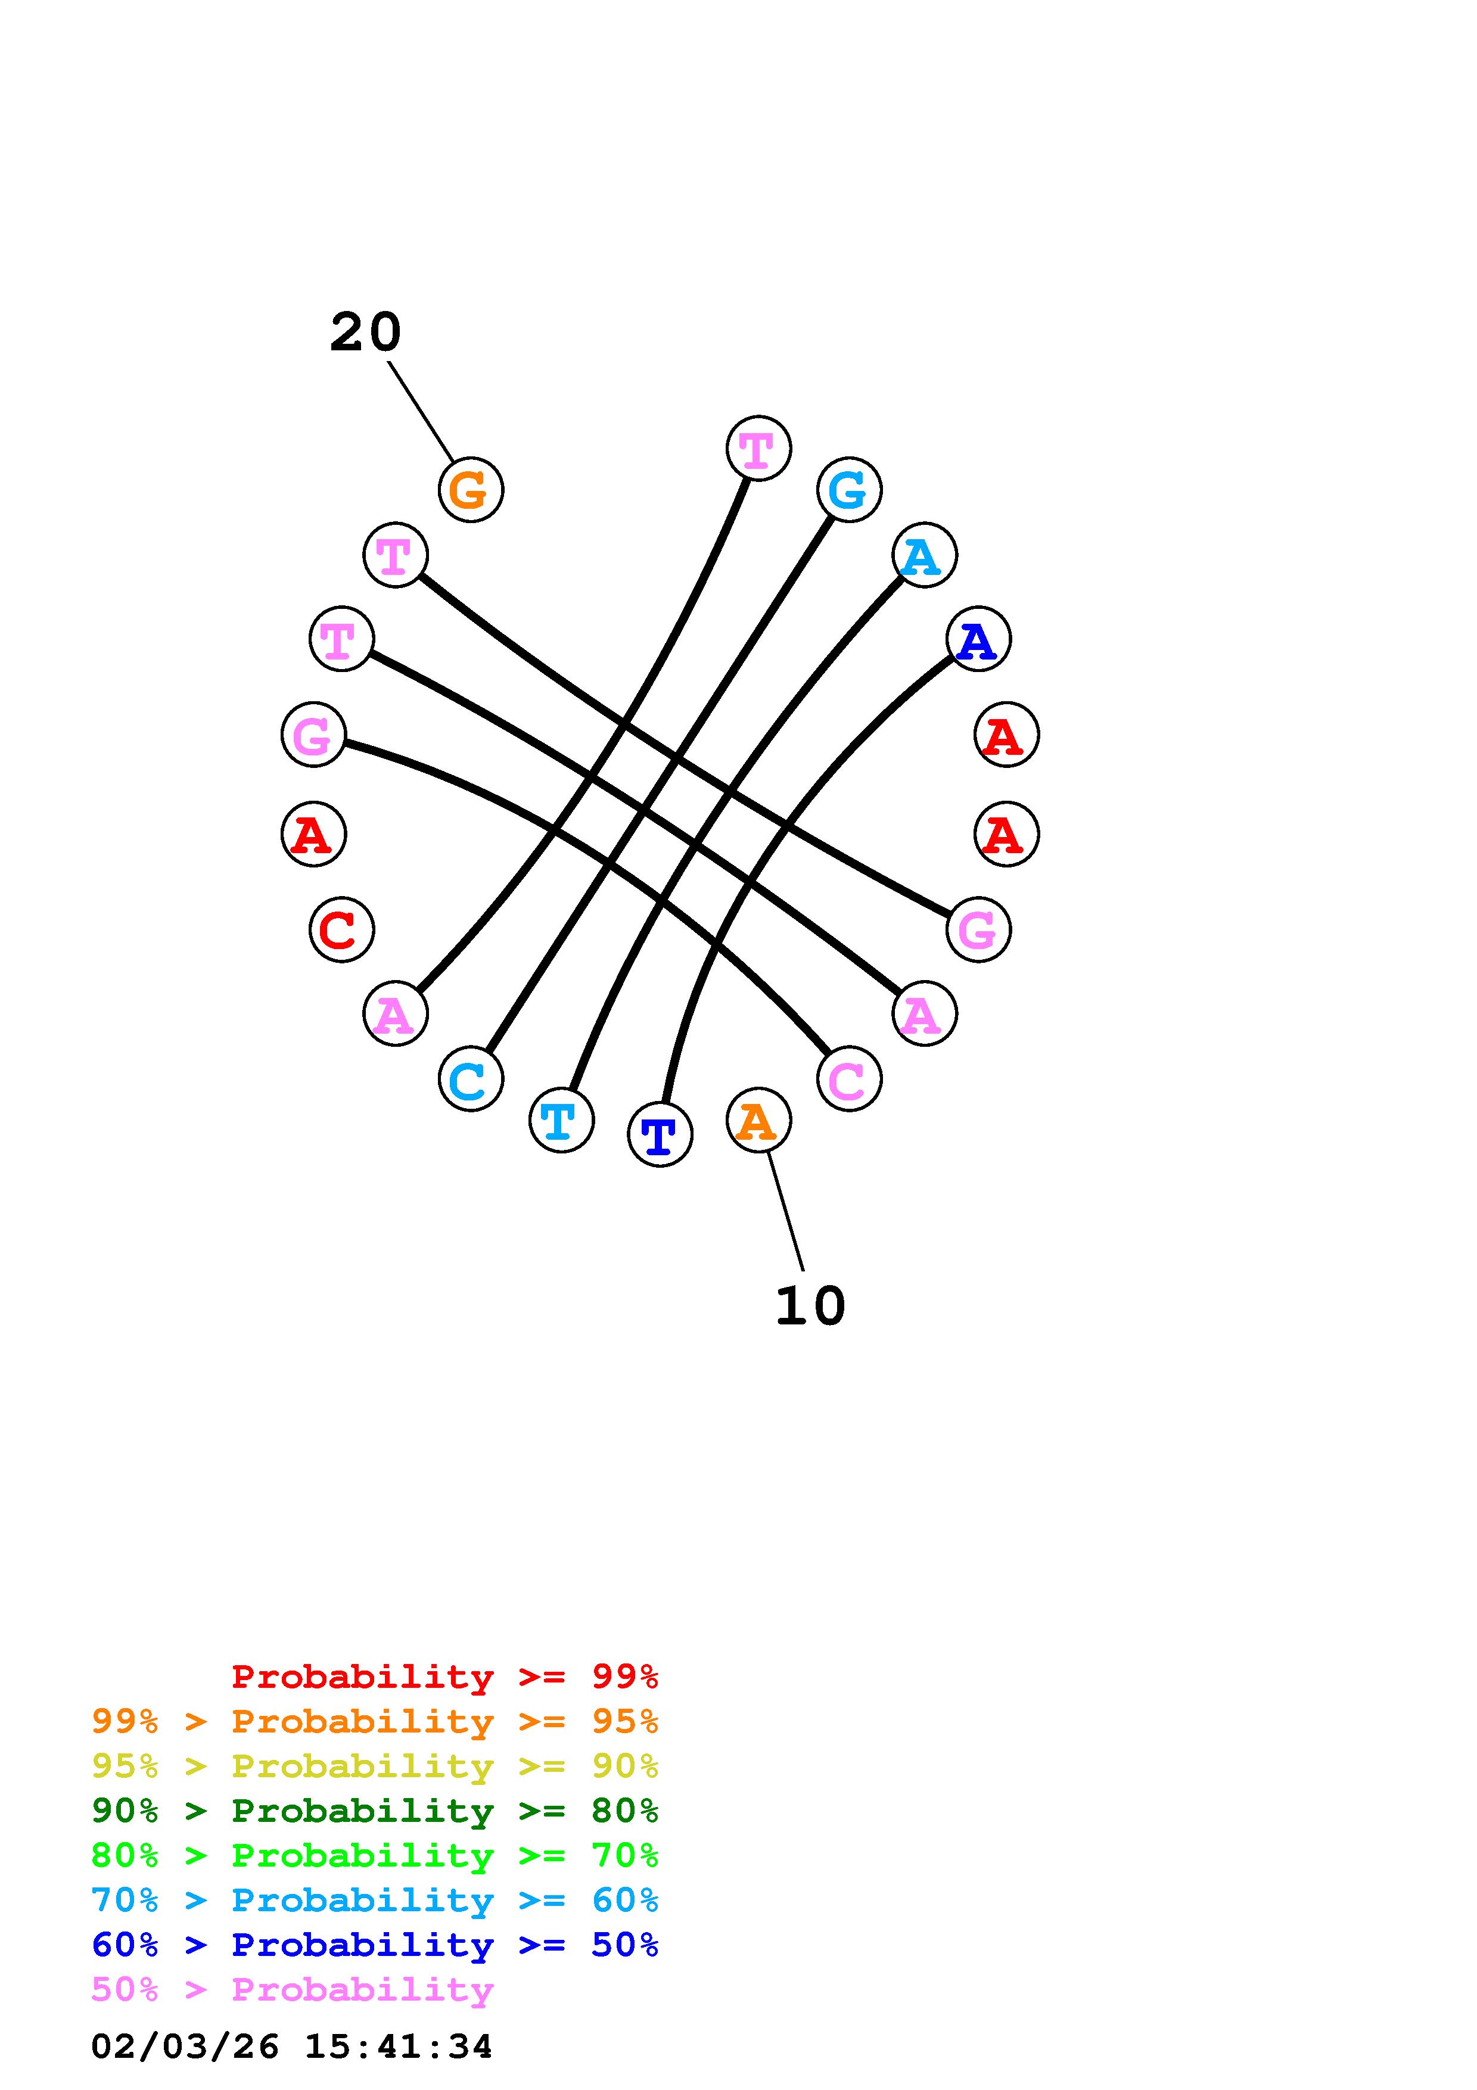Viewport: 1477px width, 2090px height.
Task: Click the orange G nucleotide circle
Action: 471,490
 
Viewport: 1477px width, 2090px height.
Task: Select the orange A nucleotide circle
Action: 758,1119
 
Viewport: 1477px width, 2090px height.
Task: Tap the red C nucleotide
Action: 341,929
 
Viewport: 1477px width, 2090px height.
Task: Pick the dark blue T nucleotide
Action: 660,1134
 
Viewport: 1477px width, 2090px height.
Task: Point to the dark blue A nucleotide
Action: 978,639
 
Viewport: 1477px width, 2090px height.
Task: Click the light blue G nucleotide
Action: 849,490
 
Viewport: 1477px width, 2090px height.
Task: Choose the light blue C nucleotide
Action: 471,1079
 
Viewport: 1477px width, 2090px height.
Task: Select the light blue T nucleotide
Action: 561,1119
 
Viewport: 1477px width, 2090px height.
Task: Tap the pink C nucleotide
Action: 849,1079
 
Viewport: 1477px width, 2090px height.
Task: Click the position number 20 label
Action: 365,332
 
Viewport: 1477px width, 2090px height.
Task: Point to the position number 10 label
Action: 810,1306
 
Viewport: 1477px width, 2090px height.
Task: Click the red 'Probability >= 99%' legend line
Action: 445,1677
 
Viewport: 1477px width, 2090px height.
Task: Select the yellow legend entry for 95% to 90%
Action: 375,1766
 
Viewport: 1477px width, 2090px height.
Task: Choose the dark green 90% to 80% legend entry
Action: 375,1811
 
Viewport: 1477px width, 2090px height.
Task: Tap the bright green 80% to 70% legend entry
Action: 375,1855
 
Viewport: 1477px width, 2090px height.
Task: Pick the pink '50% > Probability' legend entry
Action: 293,1989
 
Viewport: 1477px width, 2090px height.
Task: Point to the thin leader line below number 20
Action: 421,412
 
